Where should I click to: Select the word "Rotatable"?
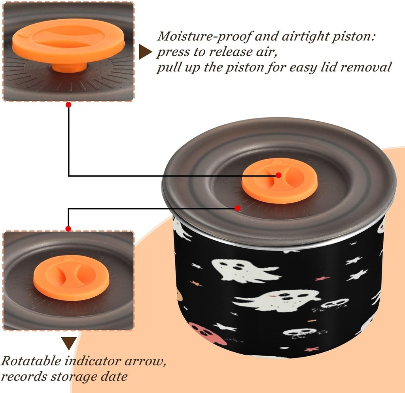pos(32,361)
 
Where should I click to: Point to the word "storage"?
pos(73,376)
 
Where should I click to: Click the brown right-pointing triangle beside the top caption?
pos(145,52)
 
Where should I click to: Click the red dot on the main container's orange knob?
pos(278,175)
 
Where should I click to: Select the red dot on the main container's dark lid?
pos(237,208)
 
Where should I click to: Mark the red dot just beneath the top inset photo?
pos(68,105)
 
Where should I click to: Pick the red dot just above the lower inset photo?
pos(68,229)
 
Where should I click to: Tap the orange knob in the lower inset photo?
pos(66,277)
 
